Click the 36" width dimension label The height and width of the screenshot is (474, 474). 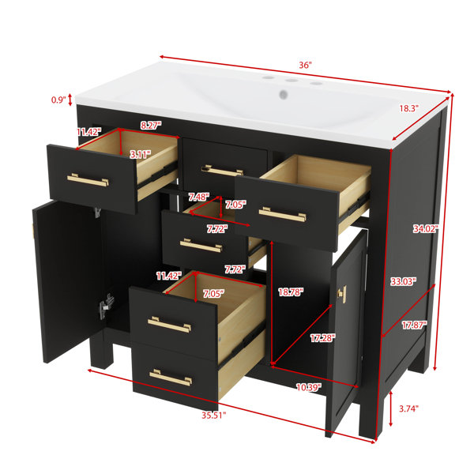(x=305, y=65)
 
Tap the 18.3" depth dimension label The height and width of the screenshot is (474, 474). (x=408, y=108)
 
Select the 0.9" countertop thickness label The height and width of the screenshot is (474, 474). (x=58, y=100)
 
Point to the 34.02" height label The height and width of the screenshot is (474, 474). (x=426, y=229)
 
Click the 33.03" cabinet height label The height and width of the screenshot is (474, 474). (x=403, y=281)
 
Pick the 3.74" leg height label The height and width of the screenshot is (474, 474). (x=408, y=408)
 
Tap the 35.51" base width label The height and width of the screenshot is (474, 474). (x=214, y=416)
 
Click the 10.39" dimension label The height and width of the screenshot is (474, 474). (x=309, y=387)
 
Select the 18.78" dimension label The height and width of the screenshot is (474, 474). (x=291, y=292)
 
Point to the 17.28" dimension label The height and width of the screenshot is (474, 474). (x=323, y=337)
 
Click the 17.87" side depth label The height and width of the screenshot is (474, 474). (x=414, y=325)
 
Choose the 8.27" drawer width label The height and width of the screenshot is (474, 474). (x=151, y=125)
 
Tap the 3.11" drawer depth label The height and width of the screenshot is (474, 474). (x=141, y=155)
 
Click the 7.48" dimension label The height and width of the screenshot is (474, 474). (x=198, y=197)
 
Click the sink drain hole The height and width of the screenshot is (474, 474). (x=284, y=94)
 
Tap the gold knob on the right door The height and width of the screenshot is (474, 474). (x=342, y=293)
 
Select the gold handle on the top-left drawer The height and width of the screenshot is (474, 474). (x=88, y=180)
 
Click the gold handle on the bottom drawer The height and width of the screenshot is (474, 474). (x=171, y=378)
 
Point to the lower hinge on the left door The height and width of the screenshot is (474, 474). (x=107, y=306)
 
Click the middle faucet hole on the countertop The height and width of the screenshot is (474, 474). (x=292, y=81)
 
